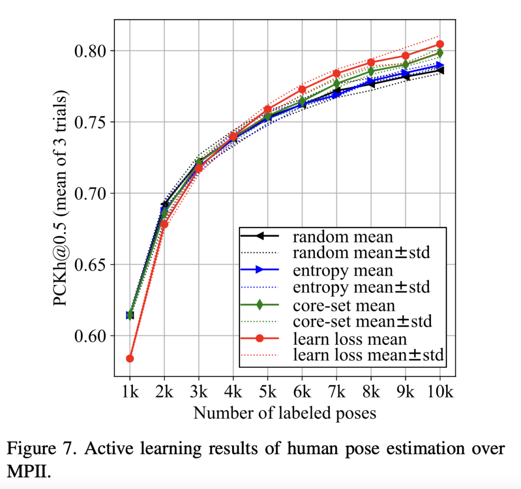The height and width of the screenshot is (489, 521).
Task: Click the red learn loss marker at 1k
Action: click(130, 358)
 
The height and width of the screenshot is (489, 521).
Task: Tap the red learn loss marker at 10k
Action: click(440, 44)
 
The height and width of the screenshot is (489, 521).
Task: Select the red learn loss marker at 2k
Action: click(164, 224)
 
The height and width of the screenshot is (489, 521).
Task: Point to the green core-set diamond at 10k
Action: click(440, 53)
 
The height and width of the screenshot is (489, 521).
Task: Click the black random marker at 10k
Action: click(440, 71)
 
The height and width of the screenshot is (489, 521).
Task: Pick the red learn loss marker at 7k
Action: click(336, 74)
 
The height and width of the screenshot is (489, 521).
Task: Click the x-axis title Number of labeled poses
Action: click(284, 413)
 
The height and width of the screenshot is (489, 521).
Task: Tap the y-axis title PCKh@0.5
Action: click(61, 198)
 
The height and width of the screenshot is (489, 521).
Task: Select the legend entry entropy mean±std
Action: click(361, 287)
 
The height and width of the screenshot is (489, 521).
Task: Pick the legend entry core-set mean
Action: click(343, 305)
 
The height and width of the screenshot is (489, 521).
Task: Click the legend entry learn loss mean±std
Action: click(369, 356)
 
